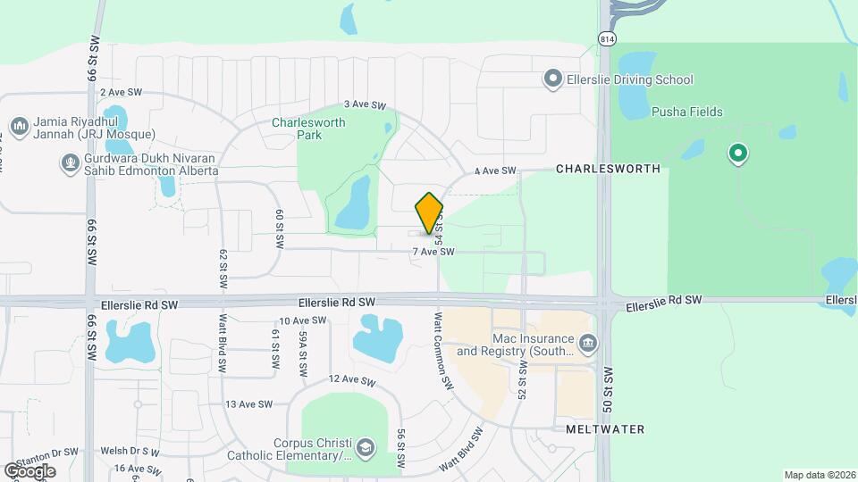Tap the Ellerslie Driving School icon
(x=553, y=79)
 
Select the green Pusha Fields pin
(x=737, y=154)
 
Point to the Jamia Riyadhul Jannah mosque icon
(x=19, y=125)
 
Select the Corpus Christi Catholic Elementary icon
(x=365, y=447)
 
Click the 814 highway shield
(x=607, y=38)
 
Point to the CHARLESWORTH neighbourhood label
(x=608, y=169)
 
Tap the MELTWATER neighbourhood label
(x=605, y=429)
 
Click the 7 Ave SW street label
(x=433, y=253)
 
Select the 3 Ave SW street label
(x=364, y=104)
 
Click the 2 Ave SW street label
(x=122, y=92)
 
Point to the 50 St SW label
(x=608, y=387)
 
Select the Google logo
(x=29, y=470)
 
